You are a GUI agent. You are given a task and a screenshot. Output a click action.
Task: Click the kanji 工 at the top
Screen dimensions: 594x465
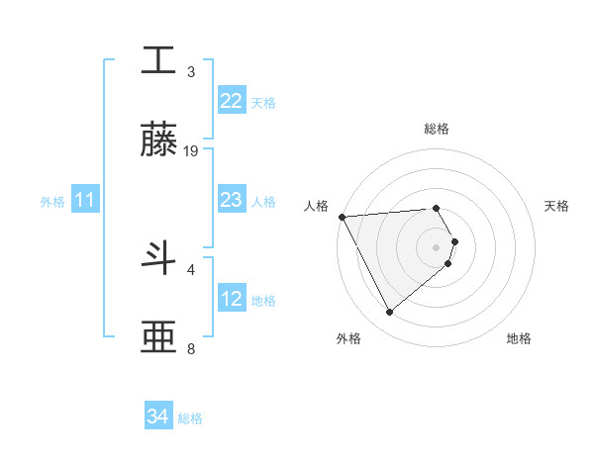158,61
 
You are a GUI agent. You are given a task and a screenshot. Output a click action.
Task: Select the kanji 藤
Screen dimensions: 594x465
158,139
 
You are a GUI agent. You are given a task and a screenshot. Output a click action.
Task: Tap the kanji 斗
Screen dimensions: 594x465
158,258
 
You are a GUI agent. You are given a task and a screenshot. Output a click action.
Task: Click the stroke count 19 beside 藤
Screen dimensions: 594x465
191,150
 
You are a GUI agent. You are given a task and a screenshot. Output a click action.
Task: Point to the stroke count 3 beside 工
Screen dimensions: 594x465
191,71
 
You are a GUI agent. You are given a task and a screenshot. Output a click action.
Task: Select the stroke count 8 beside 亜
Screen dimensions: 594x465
191,348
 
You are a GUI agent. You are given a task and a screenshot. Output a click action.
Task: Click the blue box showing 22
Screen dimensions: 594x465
231,101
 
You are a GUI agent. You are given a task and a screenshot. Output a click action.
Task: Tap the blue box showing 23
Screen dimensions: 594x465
231,200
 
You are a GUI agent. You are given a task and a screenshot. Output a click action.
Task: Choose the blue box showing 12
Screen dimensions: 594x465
231,299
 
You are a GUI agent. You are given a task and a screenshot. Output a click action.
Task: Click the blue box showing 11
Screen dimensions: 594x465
85,200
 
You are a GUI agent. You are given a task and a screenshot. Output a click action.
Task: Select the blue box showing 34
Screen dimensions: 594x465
158,417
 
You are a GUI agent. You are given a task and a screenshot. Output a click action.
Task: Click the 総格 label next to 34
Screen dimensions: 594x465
190,418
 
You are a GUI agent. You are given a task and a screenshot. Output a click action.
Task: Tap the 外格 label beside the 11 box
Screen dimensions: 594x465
52,201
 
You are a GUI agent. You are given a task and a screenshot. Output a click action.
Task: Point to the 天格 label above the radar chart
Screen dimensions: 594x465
556,206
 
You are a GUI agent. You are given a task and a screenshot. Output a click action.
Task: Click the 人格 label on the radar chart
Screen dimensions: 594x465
317,206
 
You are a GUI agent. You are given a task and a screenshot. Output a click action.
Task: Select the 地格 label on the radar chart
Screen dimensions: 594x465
519,338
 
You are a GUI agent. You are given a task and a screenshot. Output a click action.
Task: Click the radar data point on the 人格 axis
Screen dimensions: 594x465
342,217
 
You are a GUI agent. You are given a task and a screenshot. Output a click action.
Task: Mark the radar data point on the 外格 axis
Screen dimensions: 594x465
389,313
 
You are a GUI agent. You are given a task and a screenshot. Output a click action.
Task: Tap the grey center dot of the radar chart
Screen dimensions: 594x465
436,246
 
